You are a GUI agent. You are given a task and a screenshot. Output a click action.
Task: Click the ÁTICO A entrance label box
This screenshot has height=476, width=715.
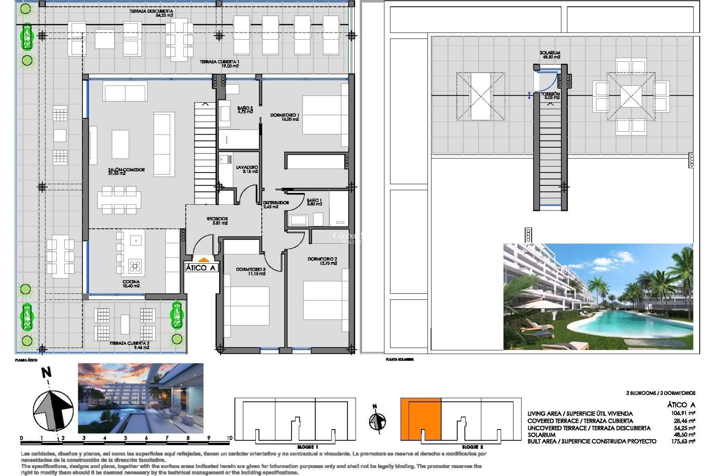click(201, 268)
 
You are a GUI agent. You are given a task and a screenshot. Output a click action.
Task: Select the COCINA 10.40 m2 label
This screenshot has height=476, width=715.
click(131, 284)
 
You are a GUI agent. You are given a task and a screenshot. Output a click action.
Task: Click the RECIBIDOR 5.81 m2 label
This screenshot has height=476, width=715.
click(217, 221)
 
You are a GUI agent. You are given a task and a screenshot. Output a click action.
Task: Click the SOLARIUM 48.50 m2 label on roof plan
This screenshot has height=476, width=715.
click(550, 55)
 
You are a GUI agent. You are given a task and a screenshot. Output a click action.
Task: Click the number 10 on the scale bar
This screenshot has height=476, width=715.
click(229, 438)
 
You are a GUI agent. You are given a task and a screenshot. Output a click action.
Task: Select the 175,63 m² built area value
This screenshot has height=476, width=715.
click(683, 441)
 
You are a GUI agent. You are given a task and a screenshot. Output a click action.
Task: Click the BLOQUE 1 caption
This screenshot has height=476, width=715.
click(308, 447)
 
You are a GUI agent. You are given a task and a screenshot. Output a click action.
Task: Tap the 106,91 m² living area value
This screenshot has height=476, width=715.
click(683, 413)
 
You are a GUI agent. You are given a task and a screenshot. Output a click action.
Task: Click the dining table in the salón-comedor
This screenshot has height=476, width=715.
click(119, 201)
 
